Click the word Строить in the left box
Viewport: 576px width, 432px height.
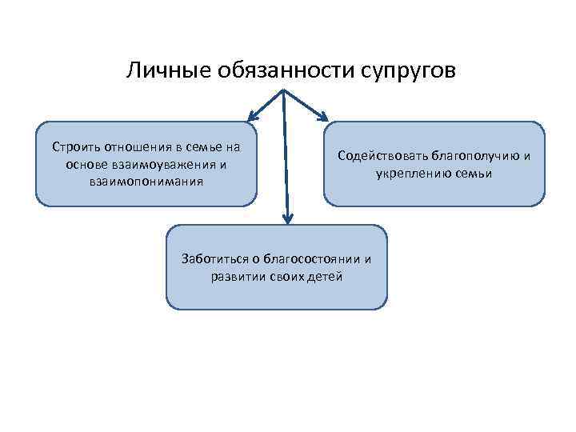coord(72,147)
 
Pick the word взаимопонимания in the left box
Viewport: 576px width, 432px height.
coord(147,181)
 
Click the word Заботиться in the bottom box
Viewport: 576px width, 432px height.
coord(211,260)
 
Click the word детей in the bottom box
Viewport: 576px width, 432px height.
coord(326,277)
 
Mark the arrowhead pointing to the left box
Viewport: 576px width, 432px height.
coord(253,114)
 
